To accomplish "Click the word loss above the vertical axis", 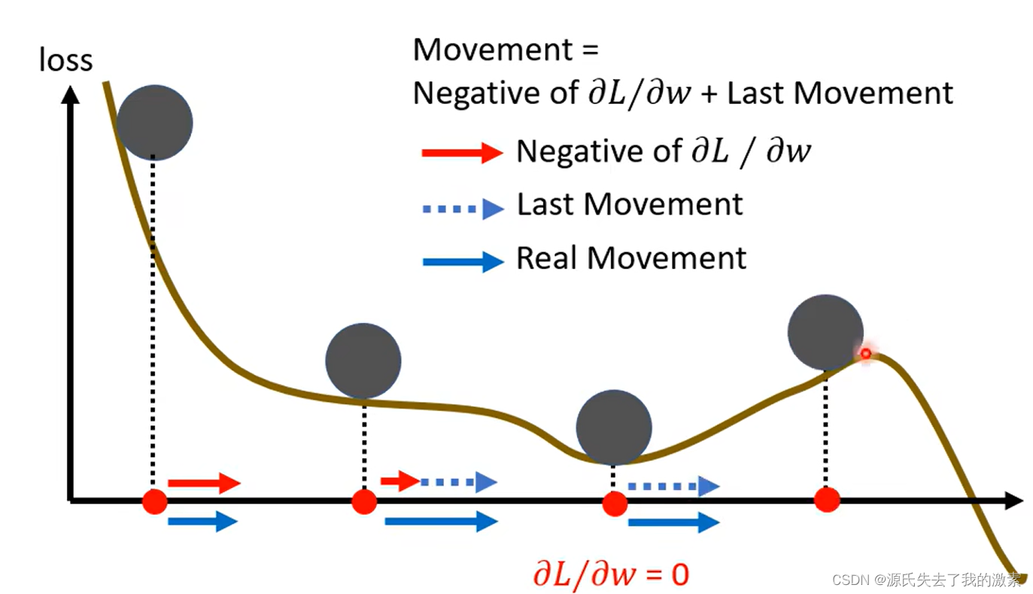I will coord(65,60).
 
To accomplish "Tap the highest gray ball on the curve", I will coord(155,123).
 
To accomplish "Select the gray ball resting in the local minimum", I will coord(614,427).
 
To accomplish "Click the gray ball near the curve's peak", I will coord(825,332).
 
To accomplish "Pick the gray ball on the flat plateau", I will coord(363,361).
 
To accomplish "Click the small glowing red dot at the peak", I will coord(865,353).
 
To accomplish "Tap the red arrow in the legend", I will coord(462,153).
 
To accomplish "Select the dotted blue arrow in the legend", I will coord(462,209).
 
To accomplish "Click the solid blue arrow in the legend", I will coord(462,262).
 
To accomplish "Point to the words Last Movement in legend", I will coord(630,205).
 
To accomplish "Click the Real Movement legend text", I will coord(631,258).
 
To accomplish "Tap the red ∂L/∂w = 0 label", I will coord(610,575).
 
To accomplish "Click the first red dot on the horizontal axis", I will coord(155,501).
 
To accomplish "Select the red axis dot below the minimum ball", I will coord(615,504).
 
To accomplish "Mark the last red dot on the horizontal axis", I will coord(827,499).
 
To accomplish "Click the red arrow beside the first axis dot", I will coord(203,483).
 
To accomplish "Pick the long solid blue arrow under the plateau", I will coord(441,520).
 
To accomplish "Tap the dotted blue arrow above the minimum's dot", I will coord(673,486).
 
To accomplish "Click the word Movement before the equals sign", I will coord(493,50).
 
